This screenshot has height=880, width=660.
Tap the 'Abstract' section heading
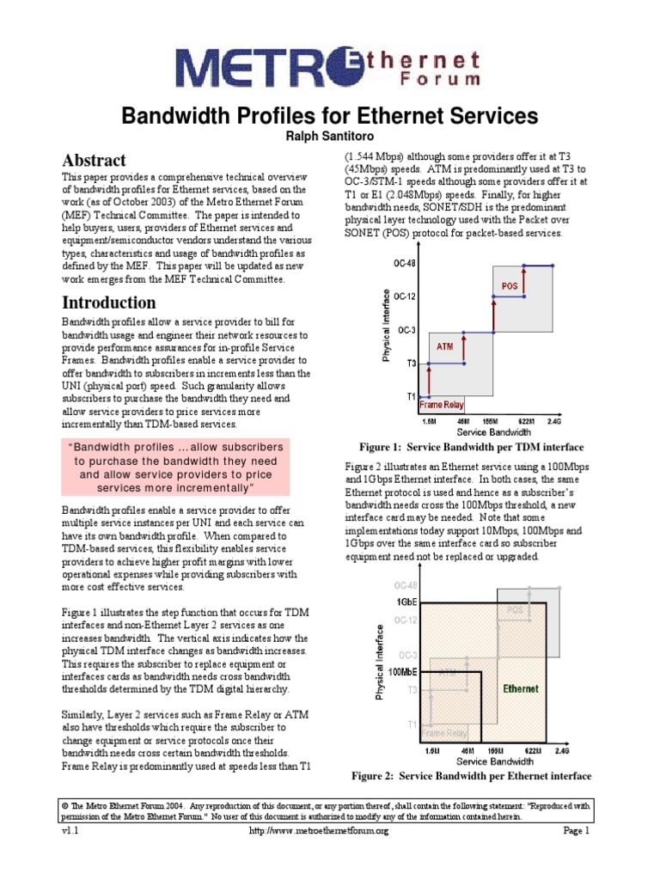(x=94, y=161)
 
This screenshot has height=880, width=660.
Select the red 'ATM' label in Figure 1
(x=445, y=347)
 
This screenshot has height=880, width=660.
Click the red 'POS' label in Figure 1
(x=510, y=284)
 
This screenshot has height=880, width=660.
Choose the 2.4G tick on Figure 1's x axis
(x=554, y=422)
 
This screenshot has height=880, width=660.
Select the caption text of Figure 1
(x=471, y=448)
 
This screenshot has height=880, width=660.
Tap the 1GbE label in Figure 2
(x=405, y=602)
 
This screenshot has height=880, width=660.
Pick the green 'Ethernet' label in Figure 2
(x=521, y=688)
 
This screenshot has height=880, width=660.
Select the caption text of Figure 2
(x=472, y=776)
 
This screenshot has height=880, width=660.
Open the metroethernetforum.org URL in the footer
(x=319, y=832)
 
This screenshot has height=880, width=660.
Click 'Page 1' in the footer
(x=576, y=832)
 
